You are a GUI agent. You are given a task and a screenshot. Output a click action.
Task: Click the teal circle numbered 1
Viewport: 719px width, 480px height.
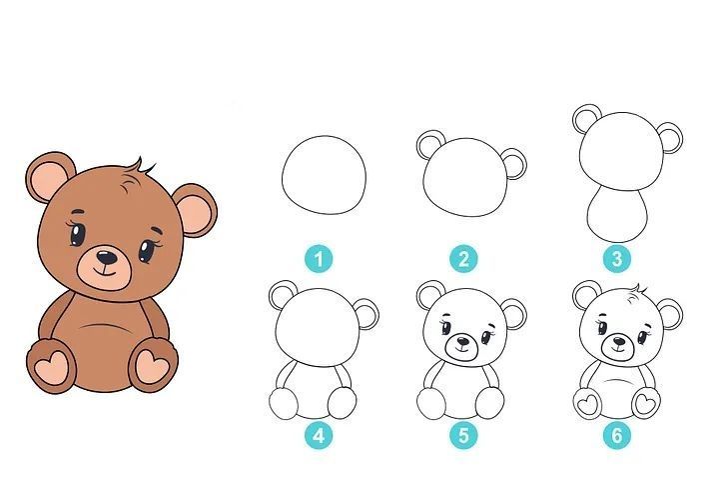[319, 259]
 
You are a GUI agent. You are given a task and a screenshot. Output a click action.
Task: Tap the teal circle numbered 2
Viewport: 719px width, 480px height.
[463, 259]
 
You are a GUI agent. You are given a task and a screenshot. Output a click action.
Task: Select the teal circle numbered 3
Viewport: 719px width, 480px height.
[617, 259]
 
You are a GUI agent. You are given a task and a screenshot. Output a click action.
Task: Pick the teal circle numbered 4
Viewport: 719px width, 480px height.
[319, 435]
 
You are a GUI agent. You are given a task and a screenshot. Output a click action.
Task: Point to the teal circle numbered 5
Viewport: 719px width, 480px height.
[463, 435]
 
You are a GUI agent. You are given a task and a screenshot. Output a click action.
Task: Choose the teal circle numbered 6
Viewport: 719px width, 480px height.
[617, 435]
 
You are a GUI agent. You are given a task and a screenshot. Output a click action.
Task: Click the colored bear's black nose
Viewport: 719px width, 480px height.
[107, 257]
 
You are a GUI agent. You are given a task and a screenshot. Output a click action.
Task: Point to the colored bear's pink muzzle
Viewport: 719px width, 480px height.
[105, 268]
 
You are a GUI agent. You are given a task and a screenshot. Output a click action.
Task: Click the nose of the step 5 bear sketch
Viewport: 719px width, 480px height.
[463, 341]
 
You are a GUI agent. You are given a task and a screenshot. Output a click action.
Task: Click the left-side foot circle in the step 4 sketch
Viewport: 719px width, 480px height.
[284, 403]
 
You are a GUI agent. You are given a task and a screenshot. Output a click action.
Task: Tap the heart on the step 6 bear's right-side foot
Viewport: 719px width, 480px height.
[646, 402]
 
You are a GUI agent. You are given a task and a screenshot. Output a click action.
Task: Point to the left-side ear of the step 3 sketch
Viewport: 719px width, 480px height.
[585, 118]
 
